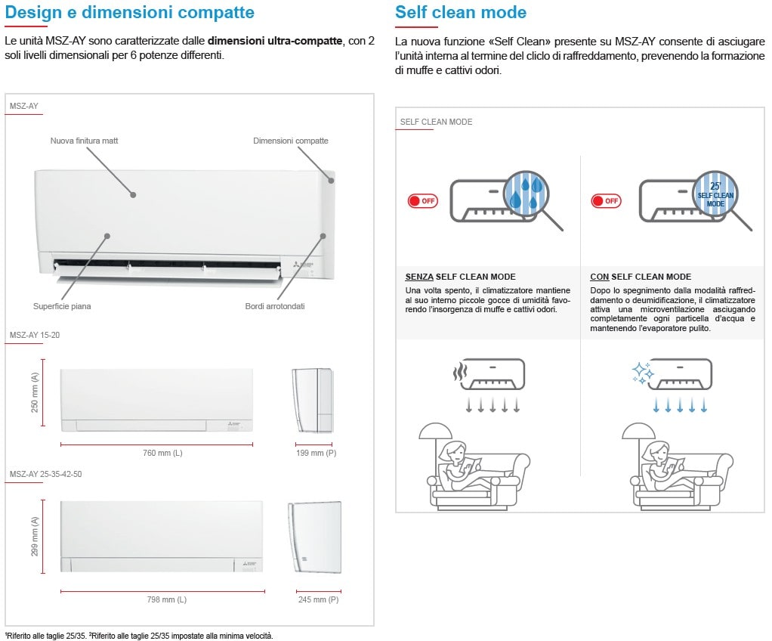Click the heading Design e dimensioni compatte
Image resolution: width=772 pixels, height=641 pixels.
tap(129, 13)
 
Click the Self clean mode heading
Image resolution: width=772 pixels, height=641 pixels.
tap(461, 13)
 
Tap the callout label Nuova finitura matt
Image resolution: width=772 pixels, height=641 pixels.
tap(85, 141)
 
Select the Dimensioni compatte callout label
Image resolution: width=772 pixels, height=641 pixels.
tap(291, 141)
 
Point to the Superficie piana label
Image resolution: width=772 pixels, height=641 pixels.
tap(62, 306)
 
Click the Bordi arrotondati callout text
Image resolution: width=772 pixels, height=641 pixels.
tap(275, 306)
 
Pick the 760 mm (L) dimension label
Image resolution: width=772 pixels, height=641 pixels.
tap(163, 453)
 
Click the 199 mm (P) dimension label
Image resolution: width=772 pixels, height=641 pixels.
tap(316, 453)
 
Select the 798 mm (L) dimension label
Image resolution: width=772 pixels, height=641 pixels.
tap(167, 599)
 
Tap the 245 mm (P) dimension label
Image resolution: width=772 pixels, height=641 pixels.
tap(319, 599)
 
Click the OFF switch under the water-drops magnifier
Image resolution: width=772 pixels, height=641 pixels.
tap(422, 201)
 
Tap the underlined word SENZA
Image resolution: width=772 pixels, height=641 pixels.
tap(419, 277)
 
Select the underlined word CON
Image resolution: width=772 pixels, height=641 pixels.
tap(599, 277)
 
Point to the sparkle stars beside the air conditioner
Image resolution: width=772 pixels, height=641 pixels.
tap(642, 373)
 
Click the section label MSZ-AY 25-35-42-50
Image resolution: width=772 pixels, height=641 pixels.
tap(46, 474)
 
